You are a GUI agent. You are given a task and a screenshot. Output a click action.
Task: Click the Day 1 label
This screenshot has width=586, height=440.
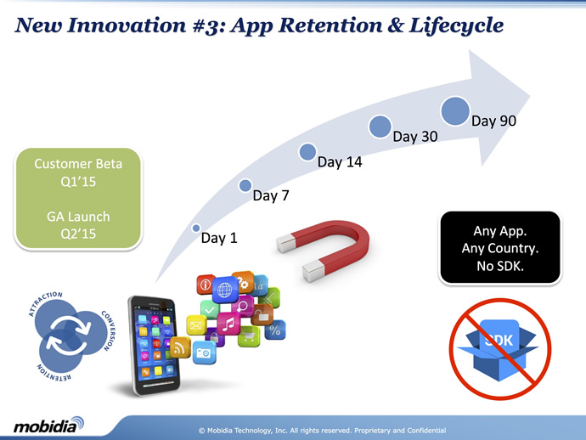[219, 238]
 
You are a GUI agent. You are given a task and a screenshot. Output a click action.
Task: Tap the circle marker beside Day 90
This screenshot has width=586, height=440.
[455, 111]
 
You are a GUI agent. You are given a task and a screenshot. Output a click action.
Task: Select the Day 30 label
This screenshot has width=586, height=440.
[415, 137]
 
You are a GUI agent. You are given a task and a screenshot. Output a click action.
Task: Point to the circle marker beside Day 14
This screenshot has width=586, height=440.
[307, 152]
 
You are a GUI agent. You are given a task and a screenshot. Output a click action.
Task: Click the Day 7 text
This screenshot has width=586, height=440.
[271, 195]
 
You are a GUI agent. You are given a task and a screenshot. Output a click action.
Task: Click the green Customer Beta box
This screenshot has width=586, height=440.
[78, 199]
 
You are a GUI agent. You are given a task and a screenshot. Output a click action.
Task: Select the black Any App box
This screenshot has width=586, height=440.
[500, 248]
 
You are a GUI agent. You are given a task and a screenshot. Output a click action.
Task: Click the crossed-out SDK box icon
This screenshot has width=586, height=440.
[500, 349]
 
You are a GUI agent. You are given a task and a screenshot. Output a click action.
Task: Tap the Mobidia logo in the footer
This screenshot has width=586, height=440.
[48, 425]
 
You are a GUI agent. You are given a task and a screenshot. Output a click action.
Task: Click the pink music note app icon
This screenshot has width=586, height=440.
[228, 324]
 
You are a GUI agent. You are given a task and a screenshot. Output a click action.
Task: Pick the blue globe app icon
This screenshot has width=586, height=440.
[225, 290]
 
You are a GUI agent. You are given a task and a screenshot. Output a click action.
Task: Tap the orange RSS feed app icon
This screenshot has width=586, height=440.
[180, 347]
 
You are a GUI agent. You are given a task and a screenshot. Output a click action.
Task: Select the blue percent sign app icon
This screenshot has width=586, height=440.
[275, 330]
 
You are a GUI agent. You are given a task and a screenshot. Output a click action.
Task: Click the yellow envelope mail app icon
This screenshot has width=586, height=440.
[196, 325]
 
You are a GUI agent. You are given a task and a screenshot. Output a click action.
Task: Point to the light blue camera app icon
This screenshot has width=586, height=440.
[204, 353]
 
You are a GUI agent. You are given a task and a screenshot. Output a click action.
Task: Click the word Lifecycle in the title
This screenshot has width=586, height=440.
[456, 25]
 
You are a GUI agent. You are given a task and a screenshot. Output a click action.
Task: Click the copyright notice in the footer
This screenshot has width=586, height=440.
[322, 431]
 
